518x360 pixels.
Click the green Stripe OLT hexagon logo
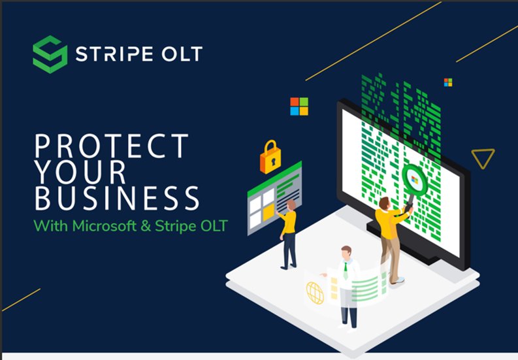[50, 54]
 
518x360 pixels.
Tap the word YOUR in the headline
[81, 172]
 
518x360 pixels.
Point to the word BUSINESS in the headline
[117, 198]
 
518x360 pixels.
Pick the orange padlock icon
[270, 157]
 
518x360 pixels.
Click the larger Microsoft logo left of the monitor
[299, 106]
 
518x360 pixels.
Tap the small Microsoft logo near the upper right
[448, 82]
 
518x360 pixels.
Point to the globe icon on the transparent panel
[315, 292]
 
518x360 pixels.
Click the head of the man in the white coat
[346, 252]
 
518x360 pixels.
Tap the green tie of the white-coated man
[346, 270]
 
